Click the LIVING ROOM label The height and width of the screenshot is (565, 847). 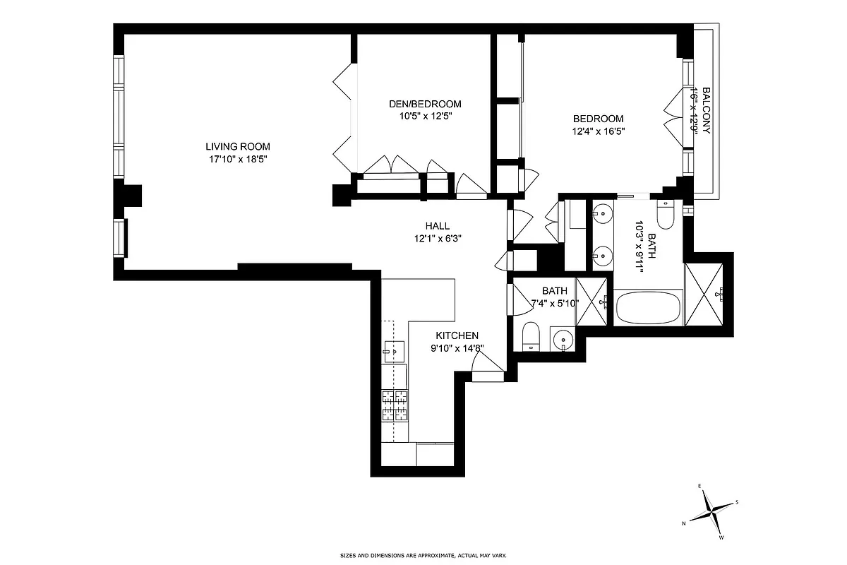[238, 147]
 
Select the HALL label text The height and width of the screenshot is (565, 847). [438, 226]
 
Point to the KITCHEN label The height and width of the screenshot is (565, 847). [457, 335]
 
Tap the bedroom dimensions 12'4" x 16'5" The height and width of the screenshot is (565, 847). [599, 131]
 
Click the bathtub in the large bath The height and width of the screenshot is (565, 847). [649, 308]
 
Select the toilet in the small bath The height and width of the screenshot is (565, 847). [530, 335]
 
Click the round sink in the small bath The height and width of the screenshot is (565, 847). [563, 341]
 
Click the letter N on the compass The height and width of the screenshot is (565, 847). [683, 523]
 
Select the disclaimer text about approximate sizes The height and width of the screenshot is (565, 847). [423, 556]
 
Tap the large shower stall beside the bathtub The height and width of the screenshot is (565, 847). [705, 294]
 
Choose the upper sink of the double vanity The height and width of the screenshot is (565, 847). [601, 211]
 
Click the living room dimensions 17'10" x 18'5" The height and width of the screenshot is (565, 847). [238, 160]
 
